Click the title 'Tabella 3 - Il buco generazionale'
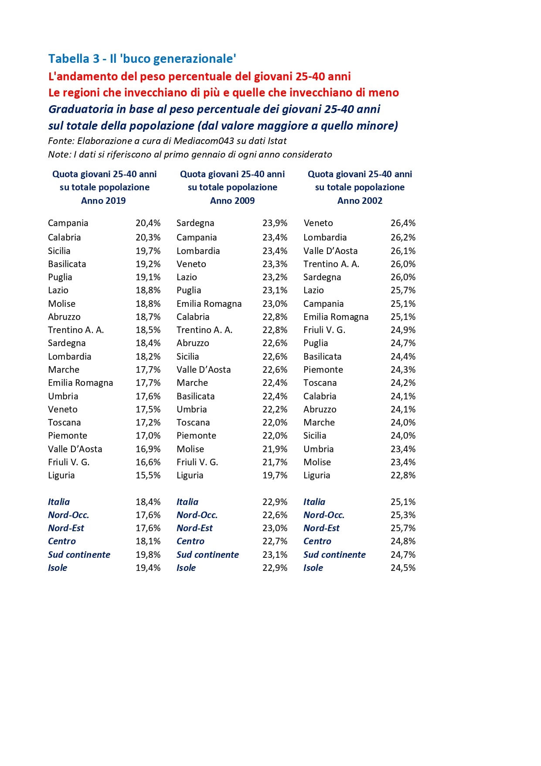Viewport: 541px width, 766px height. click(142, 59)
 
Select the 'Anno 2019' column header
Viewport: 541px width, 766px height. click(103, 201)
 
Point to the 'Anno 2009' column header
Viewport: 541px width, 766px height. click(232, 201)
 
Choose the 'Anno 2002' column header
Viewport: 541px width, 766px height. click(360, 201)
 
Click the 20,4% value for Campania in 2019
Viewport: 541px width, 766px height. click(148, 223)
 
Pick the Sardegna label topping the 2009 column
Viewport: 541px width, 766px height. click(195, 223)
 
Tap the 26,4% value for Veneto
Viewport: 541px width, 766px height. click(403, 223)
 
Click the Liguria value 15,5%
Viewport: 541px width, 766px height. click(148, 475)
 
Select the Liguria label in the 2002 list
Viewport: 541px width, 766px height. click(316, 475)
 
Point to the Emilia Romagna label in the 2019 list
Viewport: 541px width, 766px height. click(80, 383)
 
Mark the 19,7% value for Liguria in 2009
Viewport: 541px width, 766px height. click(275, 475)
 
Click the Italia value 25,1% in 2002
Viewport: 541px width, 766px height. click(403, 502)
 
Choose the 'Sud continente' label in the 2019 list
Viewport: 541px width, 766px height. click(79, 555)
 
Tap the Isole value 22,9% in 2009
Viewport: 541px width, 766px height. click(275, 568)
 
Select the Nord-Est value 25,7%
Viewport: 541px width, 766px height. click(403, 528)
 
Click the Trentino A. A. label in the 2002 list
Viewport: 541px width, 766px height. click(331, 264)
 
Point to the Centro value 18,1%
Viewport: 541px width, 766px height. click(148, 541)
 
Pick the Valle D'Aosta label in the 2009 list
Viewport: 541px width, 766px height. click(204, 370)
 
